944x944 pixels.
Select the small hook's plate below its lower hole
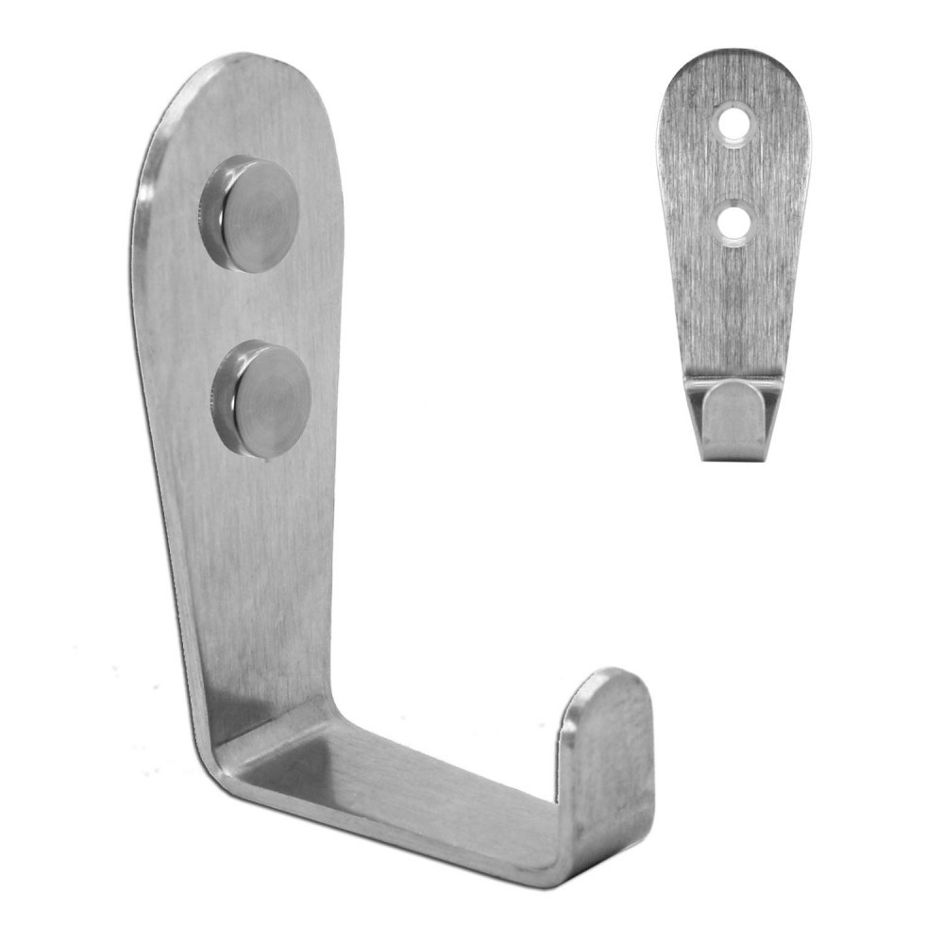tap(734, 293)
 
